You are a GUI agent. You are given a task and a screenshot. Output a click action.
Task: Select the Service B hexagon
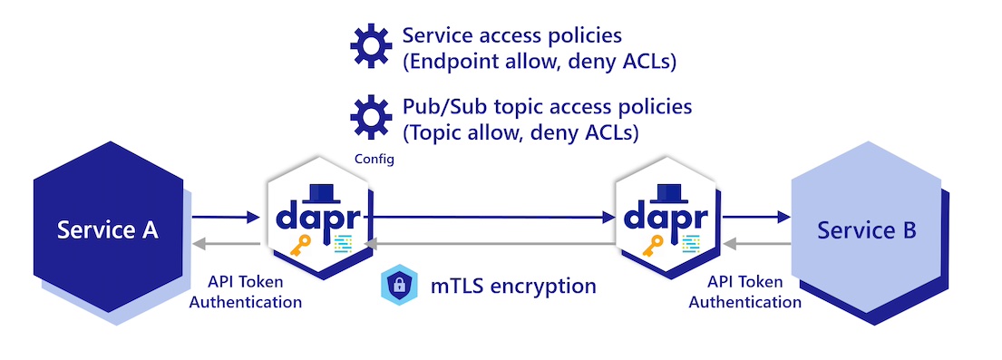pyautogui.click(x=867, y=231)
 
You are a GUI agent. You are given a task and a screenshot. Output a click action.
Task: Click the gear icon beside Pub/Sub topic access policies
pyautogui.click(x=370, y=118)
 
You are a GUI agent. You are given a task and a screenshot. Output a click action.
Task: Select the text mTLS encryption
pyautogui.click(x=513, y=286)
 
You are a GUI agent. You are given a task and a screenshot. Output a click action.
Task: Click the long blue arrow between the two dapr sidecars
pyautogui.click(x=490, y=218)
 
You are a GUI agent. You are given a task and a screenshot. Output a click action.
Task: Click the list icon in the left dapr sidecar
pyautogui.click(x=341, y=243)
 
